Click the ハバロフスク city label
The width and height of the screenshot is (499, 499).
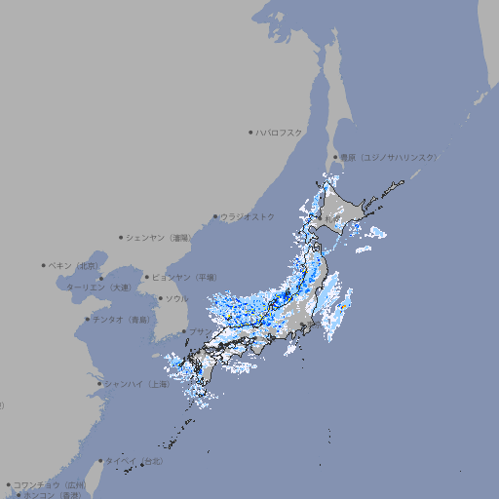coord(281,132)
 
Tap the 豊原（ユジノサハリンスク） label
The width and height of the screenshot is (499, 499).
coord(389,157)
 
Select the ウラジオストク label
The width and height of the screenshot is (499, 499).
coord(249,216)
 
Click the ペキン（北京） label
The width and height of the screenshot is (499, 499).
coord(75,265)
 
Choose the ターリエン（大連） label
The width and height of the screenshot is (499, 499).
coord(98,288)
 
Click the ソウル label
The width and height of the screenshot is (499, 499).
coord(176,298)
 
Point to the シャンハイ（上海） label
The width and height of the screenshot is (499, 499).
coord(137,384)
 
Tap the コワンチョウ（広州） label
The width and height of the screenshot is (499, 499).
coord(50,484)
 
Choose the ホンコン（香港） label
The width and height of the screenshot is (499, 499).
coord(52,495)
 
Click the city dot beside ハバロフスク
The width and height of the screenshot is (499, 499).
coord(250,132)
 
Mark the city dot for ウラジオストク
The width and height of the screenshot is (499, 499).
coord(215,217)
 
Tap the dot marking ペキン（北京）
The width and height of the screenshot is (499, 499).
coord(44,265)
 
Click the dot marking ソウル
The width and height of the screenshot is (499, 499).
coord(160,298)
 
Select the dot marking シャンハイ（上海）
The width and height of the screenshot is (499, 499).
coord(99,384)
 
